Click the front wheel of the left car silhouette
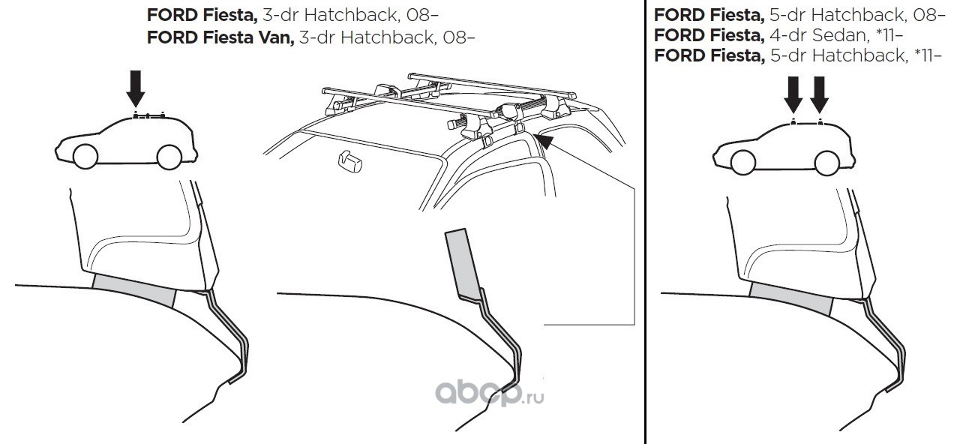coord(85,155)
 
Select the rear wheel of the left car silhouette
coord(168,155)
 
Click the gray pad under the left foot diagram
coord(133,290)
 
